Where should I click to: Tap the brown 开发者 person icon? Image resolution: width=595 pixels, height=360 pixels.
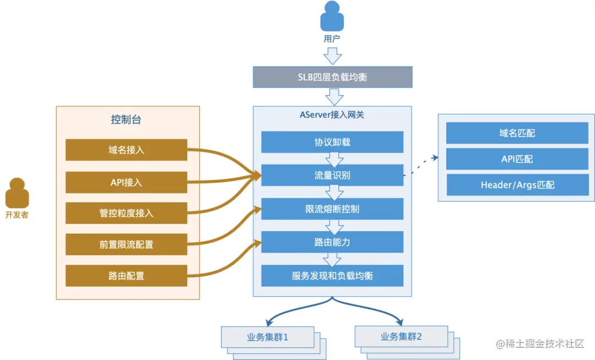[x=17, y=193]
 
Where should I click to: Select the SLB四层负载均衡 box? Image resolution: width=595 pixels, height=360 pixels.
[x=332, y=77]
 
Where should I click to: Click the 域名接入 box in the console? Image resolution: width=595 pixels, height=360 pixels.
[x=126, y=150]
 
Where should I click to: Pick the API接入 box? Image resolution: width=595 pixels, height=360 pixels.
[x=126, y=182]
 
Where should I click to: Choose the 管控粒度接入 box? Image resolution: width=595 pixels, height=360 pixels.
[x=126, y=213]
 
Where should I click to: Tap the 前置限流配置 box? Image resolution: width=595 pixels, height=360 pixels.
[x=126, y=244]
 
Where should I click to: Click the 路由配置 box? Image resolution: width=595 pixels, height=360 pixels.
[x=126, y=275]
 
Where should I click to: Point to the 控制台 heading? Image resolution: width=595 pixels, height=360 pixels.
[x=127, y=119]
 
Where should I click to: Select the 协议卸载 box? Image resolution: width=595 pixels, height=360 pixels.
[x=332, y=142]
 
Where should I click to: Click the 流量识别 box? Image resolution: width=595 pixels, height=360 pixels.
[x=332, y=175]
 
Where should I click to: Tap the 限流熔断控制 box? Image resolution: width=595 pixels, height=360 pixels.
[x=332, y=209]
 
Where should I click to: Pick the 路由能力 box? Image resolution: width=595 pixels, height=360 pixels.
[x=332, y=242]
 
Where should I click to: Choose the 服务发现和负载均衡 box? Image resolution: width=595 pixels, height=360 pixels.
[x=332, y=275]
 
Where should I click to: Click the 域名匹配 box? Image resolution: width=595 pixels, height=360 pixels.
[x=516, y=133]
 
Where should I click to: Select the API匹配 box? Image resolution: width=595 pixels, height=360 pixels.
[x=516, y=159]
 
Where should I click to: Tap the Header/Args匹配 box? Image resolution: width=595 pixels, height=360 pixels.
[x=516, y=185]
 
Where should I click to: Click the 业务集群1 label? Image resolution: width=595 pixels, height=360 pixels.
[x=267, y=336]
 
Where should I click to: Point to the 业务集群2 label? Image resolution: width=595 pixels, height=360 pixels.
[x=401, y=336]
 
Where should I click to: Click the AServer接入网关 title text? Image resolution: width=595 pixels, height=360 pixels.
[x=332, y=115]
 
